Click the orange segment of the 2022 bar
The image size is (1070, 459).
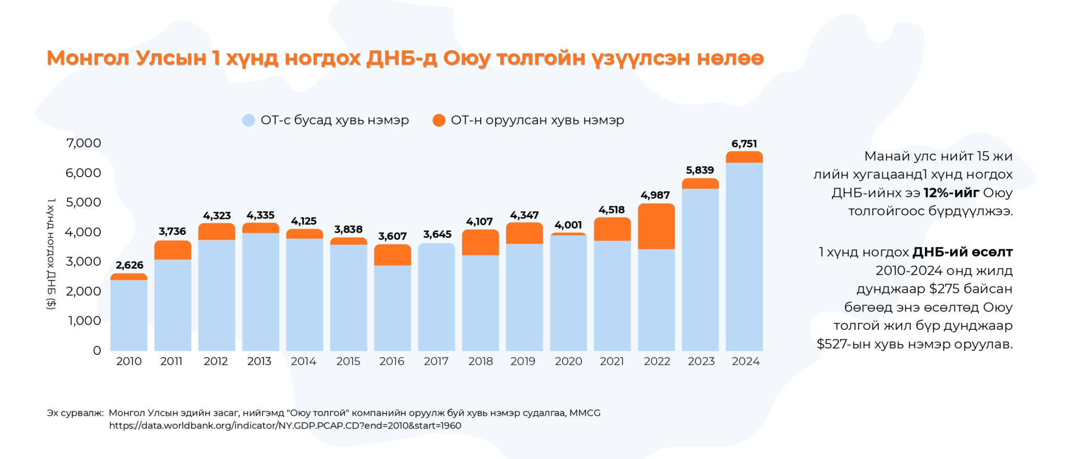pyautogui.click(x=656, y=226)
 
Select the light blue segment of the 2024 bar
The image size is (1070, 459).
pyautogui.click(x=744, y=256)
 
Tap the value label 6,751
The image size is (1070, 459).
pyautogui.click(x=744, y=144)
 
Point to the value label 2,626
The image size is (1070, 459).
pyautogui.click(x=129, y=265)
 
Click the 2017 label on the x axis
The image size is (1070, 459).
pyautogui.click(x=436, y=361)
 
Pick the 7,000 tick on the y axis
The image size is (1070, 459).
pyautogui.click(x=84, y=143)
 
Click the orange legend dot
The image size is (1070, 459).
pyautogui.click(x=439, y=120)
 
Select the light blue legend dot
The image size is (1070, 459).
pyautogui.click(x=249, y=120)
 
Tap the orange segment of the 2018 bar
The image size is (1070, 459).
pyautogui.click(x=480, y=243)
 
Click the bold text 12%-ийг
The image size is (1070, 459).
pyautogui.click(x=951, y=193)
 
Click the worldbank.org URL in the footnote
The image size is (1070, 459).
pyautogui.click(x=285, y=426)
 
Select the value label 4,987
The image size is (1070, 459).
pyautogui.click(x=655, y=195)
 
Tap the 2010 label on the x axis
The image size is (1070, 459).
pyautogui.click(x=129, y=361)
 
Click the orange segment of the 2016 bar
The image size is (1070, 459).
pyautogui.click(x=392, y=255)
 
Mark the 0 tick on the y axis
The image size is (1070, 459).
pyautogui.click(x=97, y=350)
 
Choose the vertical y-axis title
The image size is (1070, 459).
pyautogui.click(x=51, y=254)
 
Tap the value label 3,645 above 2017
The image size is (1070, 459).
pyautogui.click(x=437, y=234)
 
